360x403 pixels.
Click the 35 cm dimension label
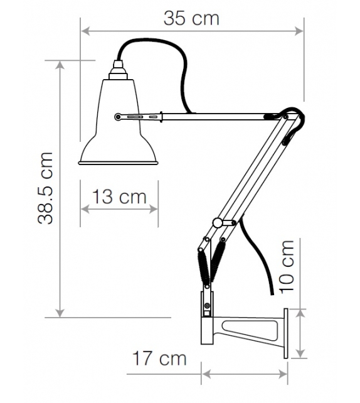(x=191, y=18)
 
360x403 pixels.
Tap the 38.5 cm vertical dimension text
(x=45, y=188)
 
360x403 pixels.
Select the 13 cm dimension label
(x=119, y=197)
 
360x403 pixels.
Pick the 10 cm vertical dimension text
(x=287, y=266)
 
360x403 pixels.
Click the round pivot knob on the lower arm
(x=217, y=222)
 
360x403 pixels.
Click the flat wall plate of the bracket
(x=287, y=333)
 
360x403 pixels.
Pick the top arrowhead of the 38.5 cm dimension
(x=60, y=65)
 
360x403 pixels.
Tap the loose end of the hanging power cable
(x=271, y=293)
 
